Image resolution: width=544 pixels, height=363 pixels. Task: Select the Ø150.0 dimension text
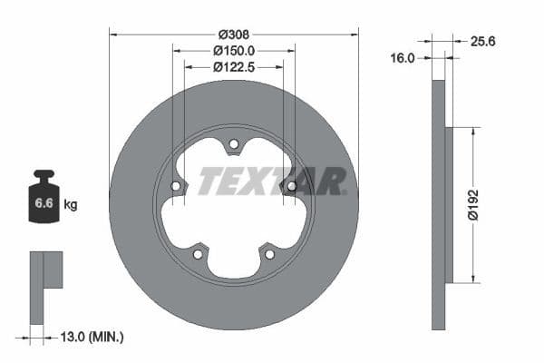233,51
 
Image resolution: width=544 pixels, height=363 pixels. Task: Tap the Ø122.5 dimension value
233,66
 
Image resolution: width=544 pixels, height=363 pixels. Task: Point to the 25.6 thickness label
483,41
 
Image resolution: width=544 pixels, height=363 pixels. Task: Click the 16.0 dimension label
402,57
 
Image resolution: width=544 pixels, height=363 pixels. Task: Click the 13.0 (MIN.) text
90,337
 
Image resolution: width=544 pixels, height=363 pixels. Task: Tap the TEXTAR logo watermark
271,181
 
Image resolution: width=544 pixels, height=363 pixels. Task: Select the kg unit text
70,205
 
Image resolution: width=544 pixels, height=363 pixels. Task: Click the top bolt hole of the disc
233,143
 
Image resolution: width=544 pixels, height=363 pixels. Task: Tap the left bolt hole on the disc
176,186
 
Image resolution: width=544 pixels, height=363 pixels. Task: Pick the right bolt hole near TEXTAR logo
291,186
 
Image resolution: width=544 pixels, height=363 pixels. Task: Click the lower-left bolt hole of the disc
198,253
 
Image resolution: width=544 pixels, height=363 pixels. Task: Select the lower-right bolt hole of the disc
268,253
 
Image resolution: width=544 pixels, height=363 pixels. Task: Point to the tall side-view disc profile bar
438,205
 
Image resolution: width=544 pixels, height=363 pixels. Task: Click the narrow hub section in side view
449,205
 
